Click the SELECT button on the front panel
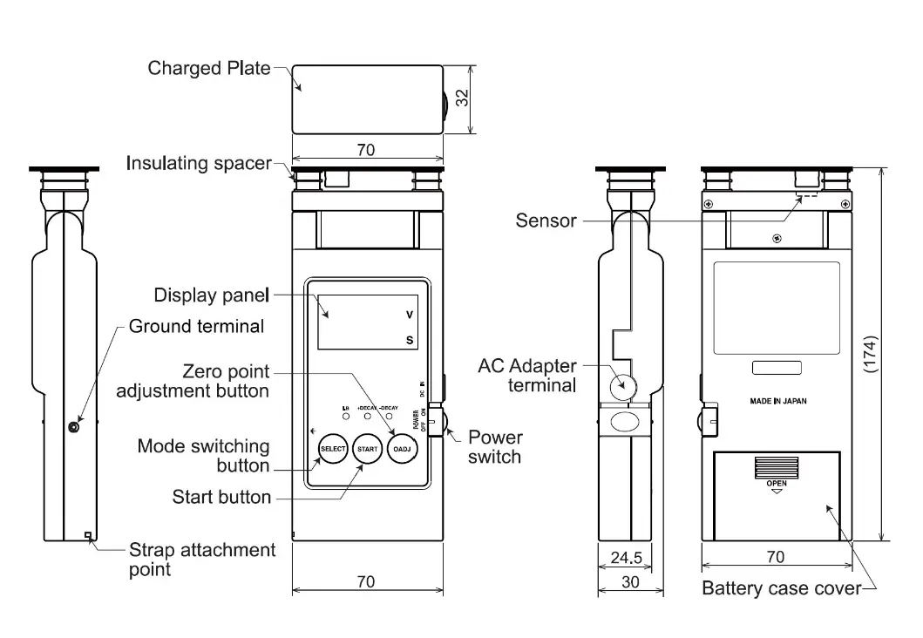[x=332, y=449]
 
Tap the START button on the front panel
[x=368, y=449]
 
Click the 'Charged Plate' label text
[x=209, y=68]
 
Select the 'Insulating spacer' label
[x=199, y=163]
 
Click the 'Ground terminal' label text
[x=196, y=327]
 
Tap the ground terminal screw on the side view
[x=74, y=425]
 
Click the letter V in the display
[x=409, y=315]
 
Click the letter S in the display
[x=409, y=341]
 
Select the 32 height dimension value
[x=463, y=98]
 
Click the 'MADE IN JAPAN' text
[x=777, y=402]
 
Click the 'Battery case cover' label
[x=781, y=588]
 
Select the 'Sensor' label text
[x=546, y=221]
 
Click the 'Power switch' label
[x=494, y=446]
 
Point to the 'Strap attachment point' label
[x=201, y=560]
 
